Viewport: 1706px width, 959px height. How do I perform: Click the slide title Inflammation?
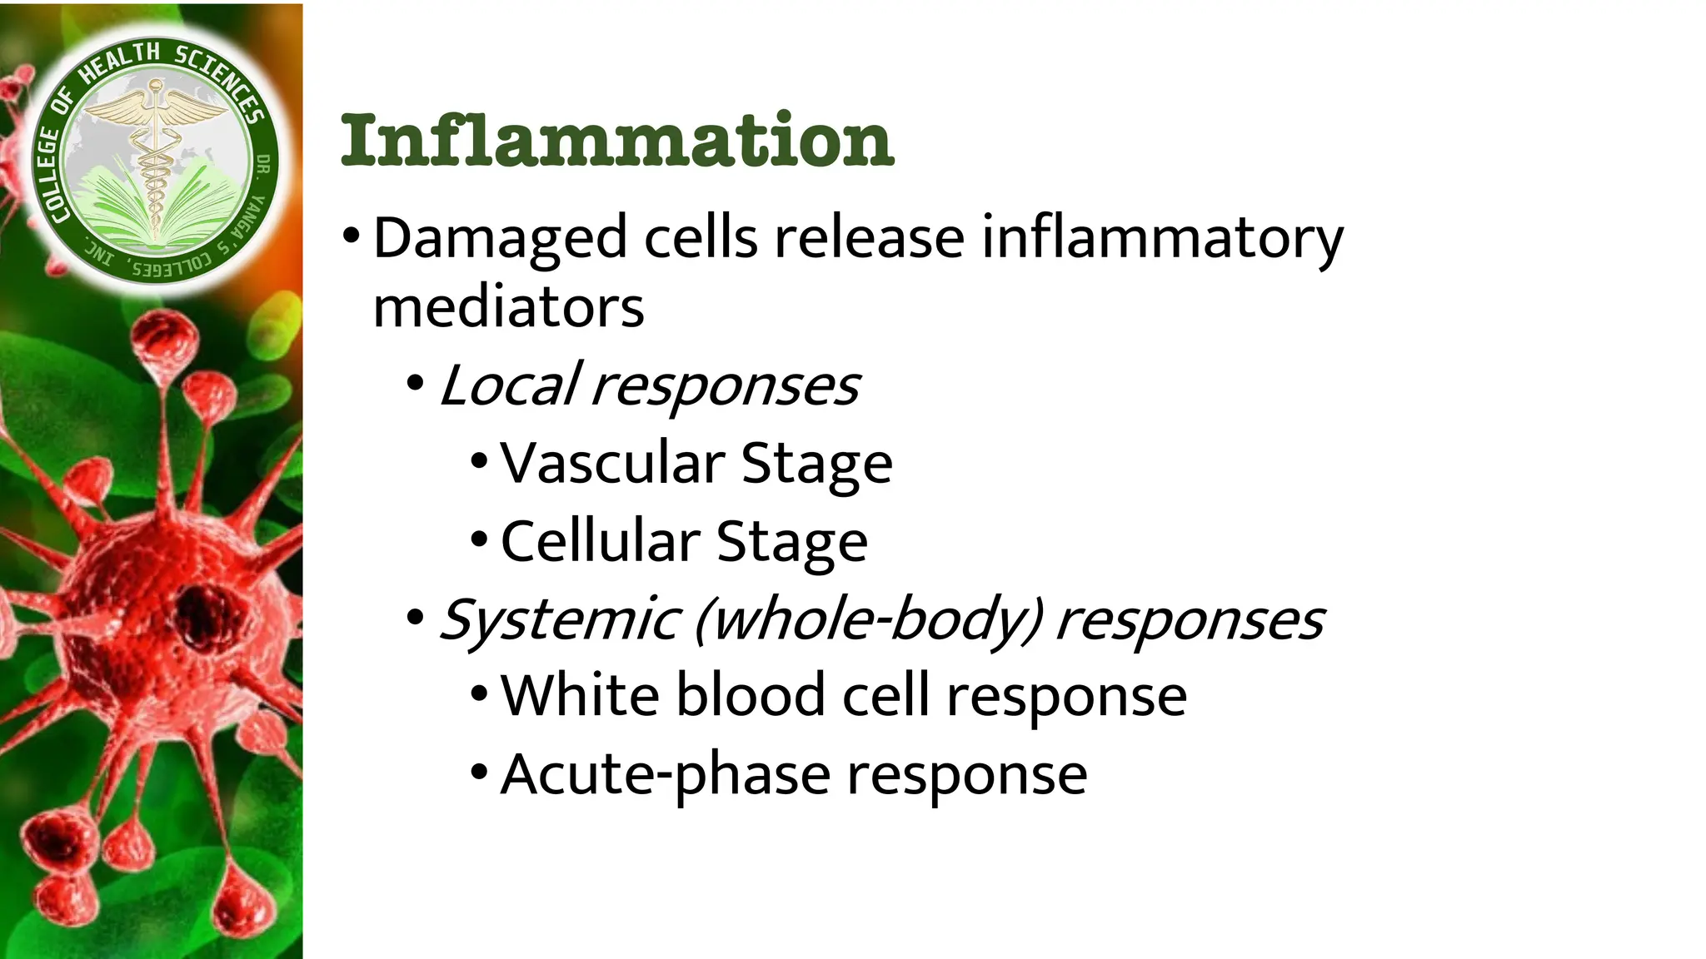click(617, 140)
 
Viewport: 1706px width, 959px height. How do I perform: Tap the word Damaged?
click(499, 239)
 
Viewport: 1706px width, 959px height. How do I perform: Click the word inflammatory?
click(1162, 239)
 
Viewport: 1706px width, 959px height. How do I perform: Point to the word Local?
click(508, 386)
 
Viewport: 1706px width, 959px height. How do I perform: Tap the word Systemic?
click(559, 620)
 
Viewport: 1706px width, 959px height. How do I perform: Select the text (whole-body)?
click(867, 620)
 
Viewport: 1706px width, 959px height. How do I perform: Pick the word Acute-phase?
click(665, 775)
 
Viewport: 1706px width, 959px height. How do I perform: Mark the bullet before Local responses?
click(415, 385)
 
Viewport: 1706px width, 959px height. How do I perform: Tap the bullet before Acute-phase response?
click(478, 773)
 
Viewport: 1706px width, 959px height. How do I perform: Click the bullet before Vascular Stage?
click(478, 462)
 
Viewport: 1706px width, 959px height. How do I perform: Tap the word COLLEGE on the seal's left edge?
click(48, 175)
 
